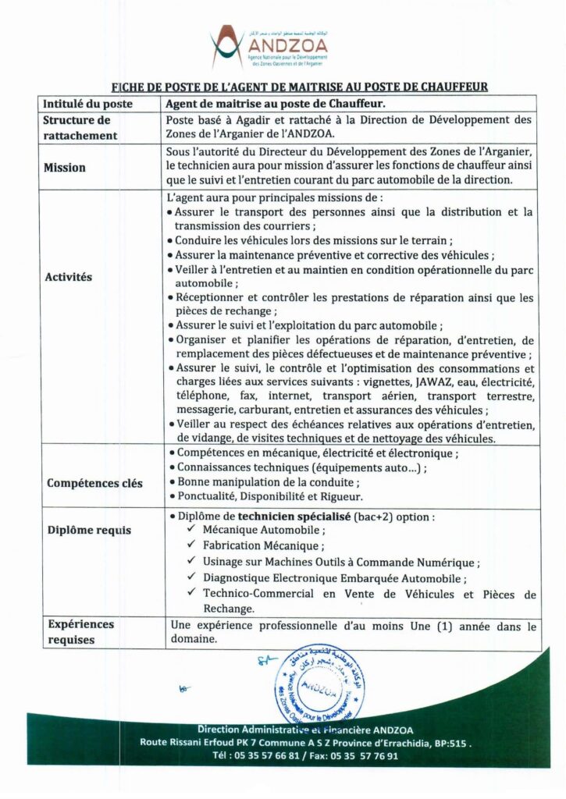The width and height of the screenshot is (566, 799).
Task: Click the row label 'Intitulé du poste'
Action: [87, 103]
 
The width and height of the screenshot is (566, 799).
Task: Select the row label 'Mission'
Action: [65, 168]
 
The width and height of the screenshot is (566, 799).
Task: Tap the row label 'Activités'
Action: [68, 277]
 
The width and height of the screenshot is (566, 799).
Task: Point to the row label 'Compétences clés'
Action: [94, 483]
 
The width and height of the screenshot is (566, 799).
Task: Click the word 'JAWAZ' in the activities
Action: [423, 382]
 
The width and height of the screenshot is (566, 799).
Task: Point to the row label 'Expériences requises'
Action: [80, 632]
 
